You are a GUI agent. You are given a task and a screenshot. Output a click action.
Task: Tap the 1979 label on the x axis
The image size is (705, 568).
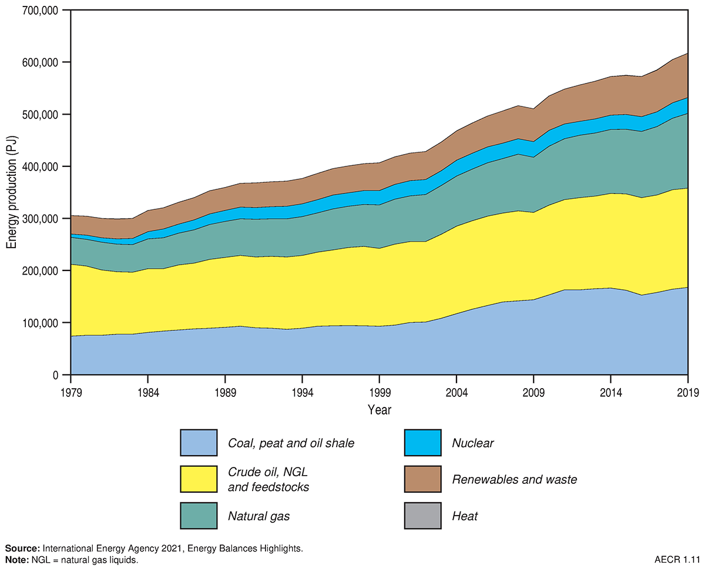[x=70, y=392]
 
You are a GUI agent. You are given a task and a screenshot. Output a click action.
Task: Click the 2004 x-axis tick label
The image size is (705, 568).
[x=457, y=392]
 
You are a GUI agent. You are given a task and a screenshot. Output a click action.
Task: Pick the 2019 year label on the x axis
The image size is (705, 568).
[x=687, y=392]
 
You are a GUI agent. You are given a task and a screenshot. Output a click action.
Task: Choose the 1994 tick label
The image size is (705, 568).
[x=302, y=392]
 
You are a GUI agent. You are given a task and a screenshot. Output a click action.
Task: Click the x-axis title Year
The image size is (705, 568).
[x=380, y=409]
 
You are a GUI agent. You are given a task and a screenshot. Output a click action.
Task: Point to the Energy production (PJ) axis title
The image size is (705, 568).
[x=11, y=192]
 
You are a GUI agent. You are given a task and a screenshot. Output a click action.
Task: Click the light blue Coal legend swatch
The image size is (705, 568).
[x=199, y=443]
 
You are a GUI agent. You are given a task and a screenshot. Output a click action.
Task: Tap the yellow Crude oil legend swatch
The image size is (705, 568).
[x=199, y=479]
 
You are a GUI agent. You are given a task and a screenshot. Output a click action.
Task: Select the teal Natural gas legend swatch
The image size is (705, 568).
[x=199, y=516]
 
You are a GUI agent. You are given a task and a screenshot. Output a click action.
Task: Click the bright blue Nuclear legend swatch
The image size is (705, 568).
[x=423, y=443]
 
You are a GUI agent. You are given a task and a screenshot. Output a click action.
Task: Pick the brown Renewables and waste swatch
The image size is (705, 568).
[x=423, y=479]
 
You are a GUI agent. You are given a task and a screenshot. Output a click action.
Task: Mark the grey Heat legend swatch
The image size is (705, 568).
[x=423, y=516]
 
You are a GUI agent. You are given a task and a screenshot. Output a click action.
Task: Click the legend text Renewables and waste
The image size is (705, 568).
[x=515, y=480]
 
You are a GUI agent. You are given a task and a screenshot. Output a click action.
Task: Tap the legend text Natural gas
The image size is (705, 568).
[x=259, y=517]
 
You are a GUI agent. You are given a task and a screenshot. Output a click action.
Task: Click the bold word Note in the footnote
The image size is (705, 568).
[x=16, y=560]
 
